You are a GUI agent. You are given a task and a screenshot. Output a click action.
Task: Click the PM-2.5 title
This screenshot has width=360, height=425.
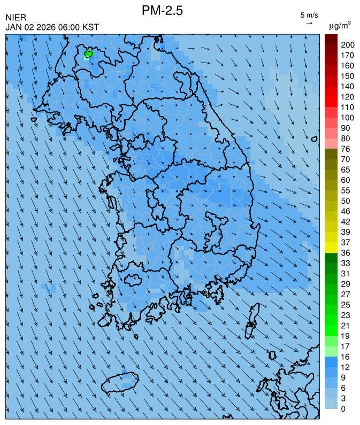click(163, 10)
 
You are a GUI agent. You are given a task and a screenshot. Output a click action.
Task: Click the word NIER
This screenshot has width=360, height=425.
click(16, 18)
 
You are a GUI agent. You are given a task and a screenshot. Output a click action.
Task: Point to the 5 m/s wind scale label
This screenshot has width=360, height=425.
click(309, 15)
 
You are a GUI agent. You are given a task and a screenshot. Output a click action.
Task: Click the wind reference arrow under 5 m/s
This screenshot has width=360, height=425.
click(309, 23)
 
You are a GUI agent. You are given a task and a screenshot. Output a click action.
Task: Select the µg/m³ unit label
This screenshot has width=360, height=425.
click(340, 25)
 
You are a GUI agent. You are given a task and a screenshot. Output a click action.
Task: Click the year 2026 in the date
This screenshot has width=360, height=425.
click(45, 27)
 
